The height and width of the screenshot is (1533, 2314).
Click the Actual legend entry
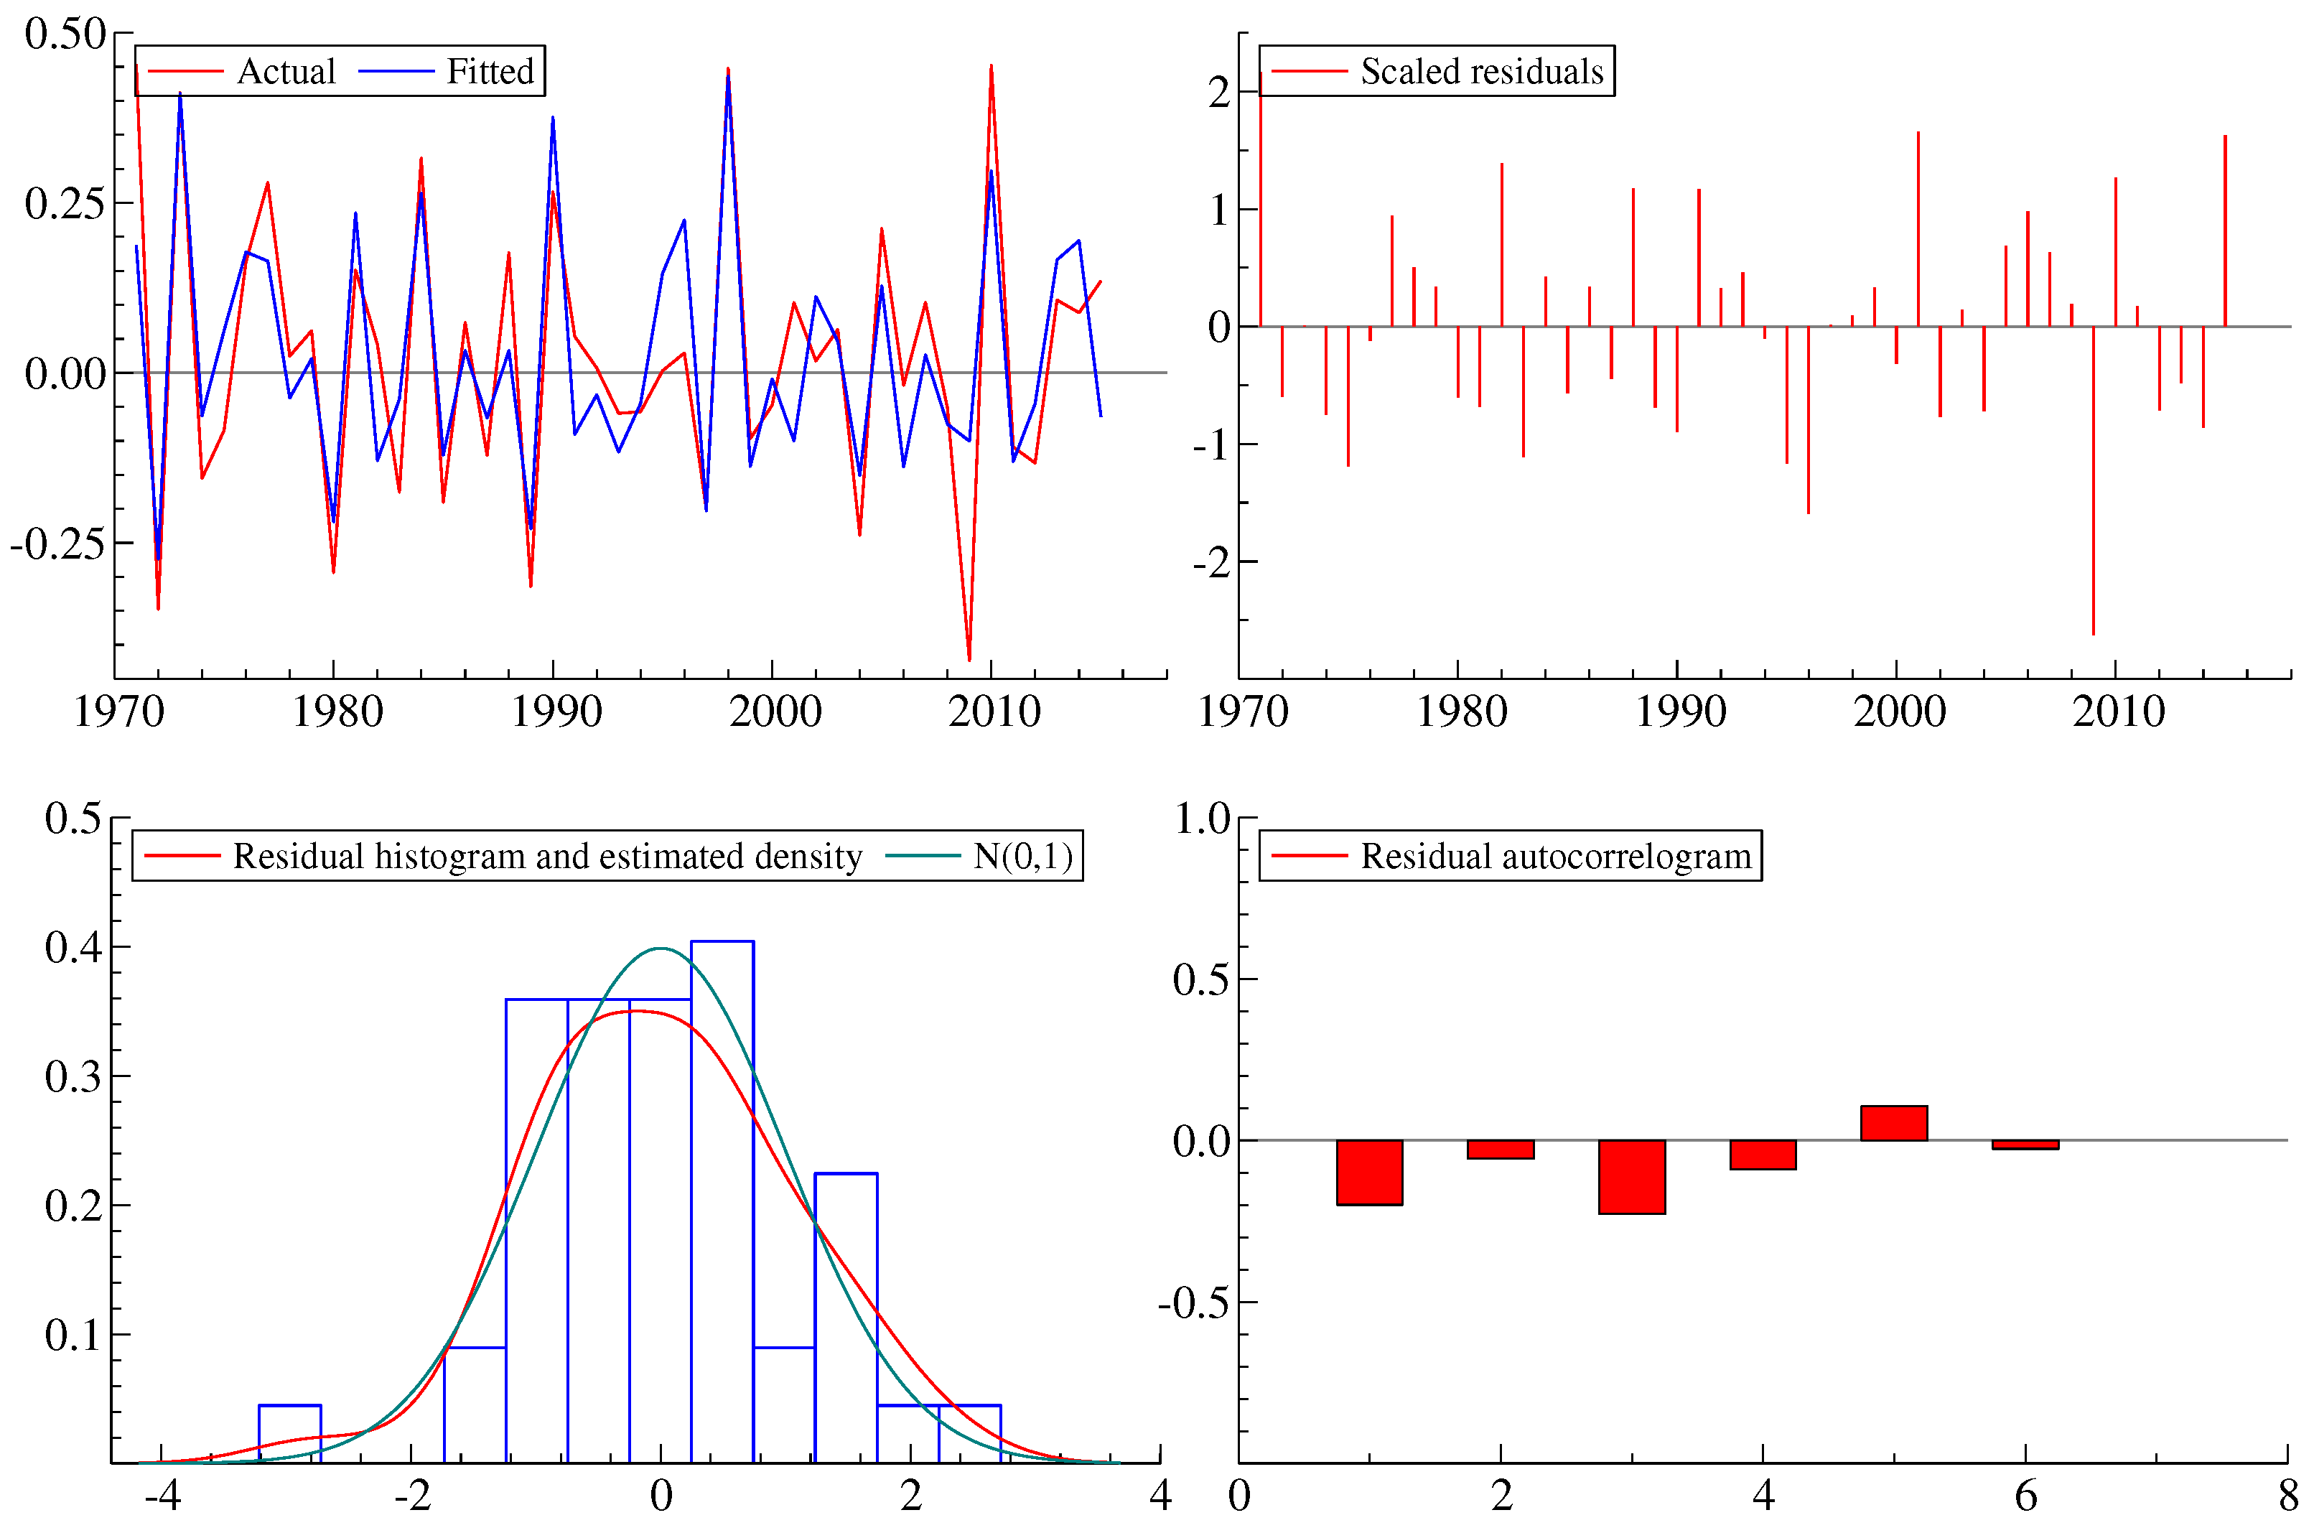(286, 71)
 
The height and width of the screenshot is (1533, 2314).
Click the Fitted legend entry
(490, 71)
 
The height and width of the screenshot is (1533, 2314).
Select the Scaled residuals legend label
(1481, 71)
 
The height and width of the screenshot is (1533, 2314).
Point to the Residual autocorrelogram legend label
(1555, 857)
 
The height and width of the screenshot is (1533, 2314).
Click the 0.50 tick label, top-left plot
(65, 34)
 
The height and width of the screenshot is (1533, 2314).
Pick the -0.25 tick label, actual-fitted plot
(57, 544)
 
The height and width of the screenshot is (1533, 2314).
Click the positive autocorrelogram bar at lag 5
(1893, 1123)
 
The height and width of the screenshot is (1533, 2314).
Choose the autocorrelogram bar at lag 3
(1632, 1177)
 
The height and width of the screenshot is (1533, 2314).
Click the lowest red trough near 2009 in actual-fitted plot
(969, 657)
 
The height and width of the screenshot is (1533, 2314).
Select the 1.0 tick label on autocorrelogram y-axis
(1201, 819)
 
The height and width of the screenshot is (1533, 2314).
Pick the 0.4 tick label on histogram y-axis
(73, 947)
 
